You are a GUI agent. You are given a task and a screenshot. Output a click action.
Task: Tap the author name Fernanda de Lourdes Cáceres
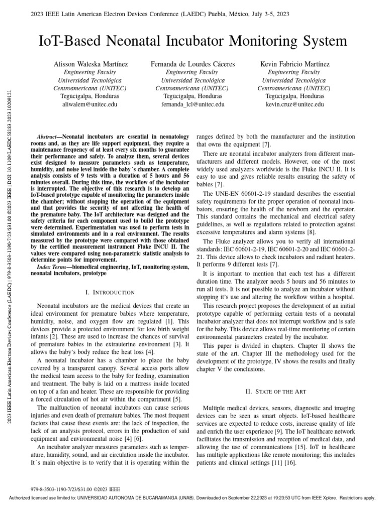click(193, 64)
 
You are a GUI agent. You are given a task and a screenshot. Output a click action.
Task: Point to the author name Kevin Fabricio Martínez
click(295, 64)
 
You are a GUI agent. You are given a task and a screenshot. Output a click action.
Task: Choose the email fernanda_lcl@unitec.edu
click(192, 104)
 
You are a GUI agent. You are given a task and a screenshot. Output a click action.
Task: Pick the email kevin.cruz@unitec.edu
click(295, 104)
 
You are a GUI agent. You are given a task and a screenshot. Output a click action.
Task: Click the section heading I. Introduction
click(110, 292)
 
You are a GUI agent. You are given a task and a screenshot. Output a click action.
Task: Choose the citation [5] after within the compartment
click(177, 400)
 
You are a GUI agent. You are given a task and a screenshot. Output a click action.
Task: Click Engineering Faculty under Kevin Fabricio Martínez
click(295, 72)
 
